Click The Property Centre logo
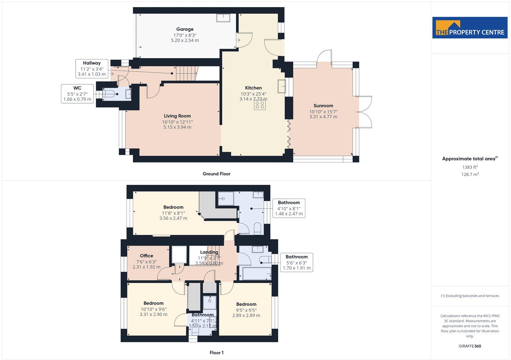tap(469, 28)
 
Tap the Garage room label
tap(185, 29)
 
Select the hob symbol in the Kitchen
tap(260, 105)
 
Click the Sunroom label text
tap(323, 106)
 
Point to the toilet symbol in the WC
tap(109, 94)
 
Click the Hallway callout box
tap(92, 68)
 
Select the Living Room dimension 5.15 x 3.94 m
tap(177, 127)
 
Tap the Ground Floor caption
tap(216, 174)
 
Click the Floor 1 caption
tap(217, 353)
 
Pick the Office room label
tap(147, 256)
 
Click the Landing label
tap(209, 252)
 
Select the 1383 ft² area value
tap(470, 167)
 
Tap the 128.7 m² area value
tap(470, 174)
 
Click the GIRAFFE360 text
tap(470, 346)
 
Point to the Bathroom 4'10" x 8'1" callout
tap(289, 208)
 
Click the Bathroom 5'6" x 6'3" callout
tap(296, 262)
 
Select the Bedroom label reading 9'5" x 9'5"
tap(246, 304)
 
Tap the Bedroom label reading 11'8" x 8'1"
tap(173, 207)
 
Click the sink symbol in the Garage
tap(223, 18)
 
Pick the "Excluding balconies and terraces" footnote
tap(470, 296)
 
